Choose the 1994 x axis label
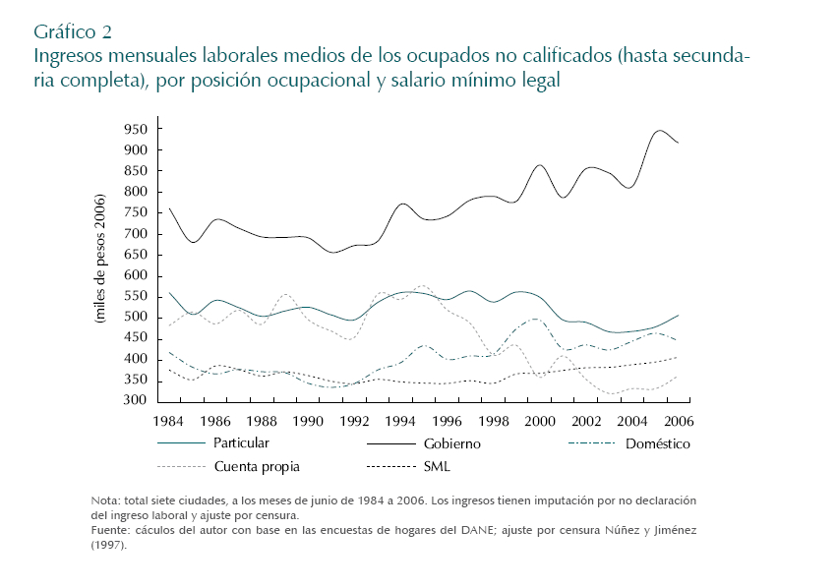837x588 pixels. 400,421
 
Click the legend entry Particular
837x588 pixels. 241,443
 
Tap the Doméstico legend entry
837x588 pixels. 658,443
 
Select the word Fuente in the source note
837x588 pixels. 110,530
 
